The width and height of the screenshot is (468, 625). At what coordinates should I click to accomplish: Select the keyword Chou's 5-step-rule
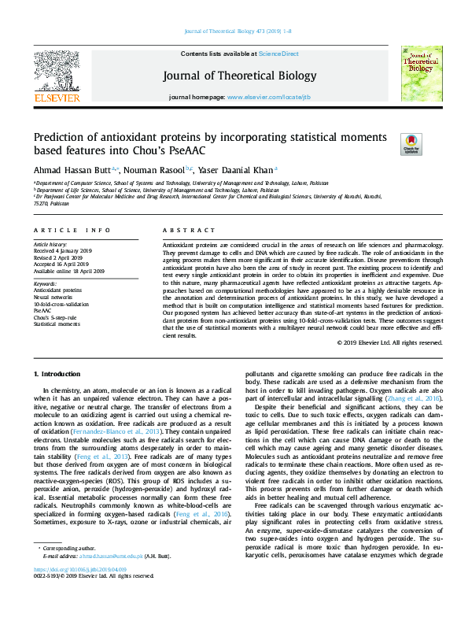click(x=55, y=316)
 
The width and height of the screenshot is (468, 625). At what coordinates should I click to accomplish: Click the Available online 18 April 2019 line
click(x=70, y=271)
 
